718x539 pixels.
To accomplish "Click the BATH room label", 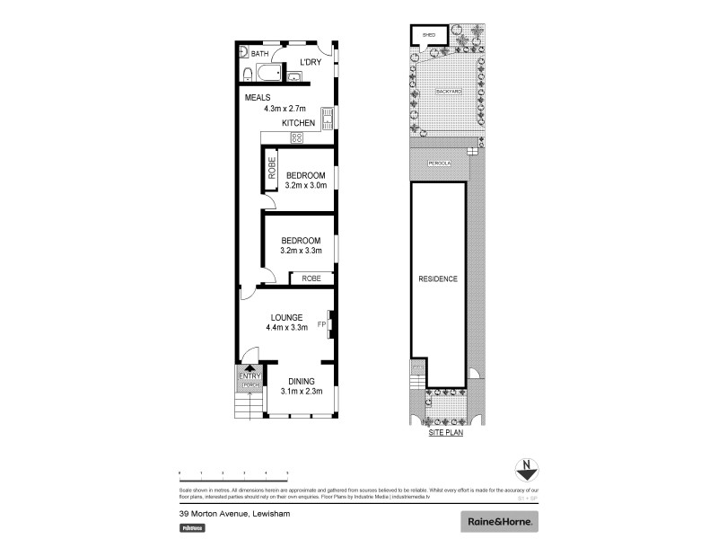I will coord(259,55).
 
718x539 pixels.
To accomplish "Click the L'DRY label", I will coord(311,62).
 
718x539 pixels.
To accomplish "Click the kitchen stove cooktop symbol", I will coord(297,137).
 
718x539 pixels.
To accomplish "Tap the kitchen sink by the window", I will coord(328,117).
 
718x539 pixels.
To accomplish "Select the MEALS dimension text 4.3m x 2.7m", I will coord(285,109).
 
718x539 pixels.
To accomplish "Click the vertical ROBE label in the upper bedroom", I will coord(272,172).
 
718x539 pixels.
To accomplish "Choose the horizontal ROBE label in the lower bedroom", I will coord(311,278).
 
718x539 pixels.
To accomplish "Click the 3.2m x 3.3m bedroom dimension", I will coord(301,252).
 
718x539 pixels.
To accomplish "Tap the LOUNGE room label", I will coord(286,317).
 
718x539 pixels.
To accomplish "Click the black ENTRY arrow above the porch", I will coord(249,368).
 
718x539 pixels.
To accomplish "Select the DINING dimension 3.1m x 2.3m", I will coord(301,393).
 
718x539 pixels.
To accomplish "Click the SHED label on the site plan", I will coord(428,35).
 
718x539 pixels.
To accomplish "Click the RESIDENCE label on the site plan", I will coord(438,278).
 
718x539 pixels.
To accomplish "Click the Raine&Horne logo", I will coord(500,521).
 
